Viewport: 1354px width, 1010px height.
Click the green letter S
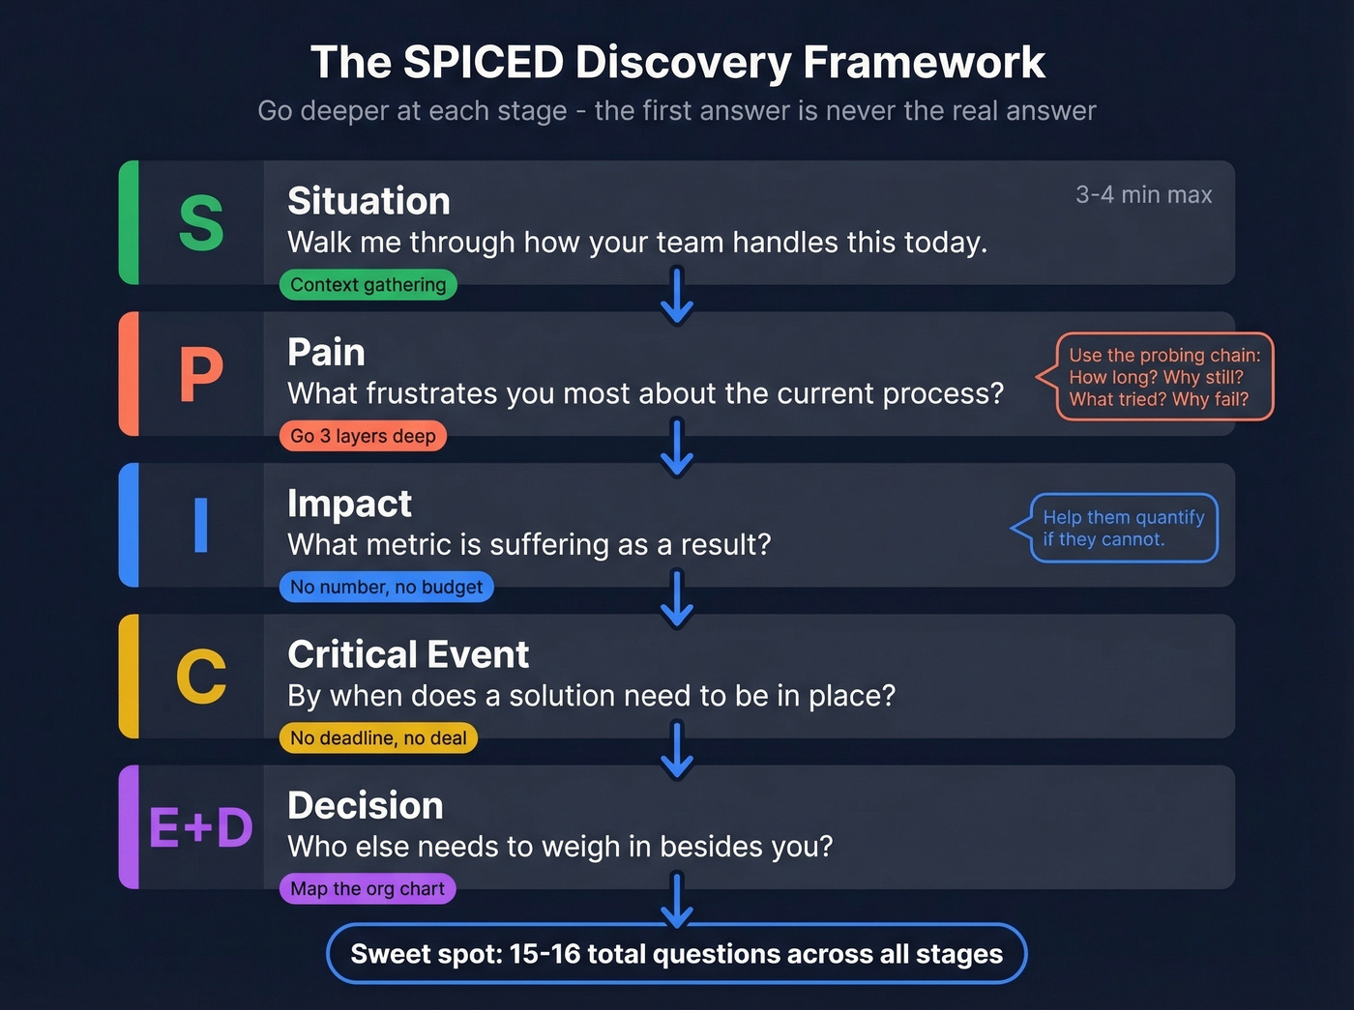pos(201,223)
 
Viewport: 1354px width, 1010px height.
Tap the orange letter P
pos(201,374)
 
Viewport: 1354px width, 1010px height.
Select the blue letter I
pos(201,525)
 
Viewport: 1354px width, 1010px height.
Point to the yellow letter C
pos(201,677)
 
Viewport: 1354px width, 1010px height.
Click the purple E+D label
pos(201,828)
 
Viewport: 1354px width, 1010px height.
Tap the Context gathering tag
pos(368,285)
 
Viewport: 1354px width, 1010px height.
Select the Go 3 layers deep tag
pos(364,436)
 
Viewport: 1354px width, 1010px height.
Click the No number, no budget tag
pos(387,587)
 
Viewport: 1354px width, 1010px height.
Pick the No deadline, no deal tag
pos(378,738)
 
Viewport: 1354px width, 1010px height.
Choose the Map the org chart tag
pos(368,889)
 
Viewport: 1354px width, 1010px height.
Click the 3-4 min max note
pos(1143,195)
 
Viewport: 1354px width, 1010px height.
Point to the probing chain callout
pos(1163,377)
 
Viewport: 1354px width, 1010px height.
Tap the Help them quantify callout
pos(1123,528)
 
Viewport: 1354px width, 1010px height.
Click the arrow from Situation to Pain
pos(677,296)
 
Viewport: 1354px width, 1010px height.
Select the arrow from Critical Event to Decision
pos(677,750)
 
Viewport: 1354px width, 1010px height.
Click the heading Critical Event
pos(408,655)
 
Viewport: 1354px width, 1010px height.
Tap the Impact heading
pos(350,504)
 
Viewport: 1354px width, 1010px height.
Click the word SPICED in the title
pos(484,63)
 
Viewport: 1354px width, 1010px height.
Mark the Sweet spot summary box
pos(677,954)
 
